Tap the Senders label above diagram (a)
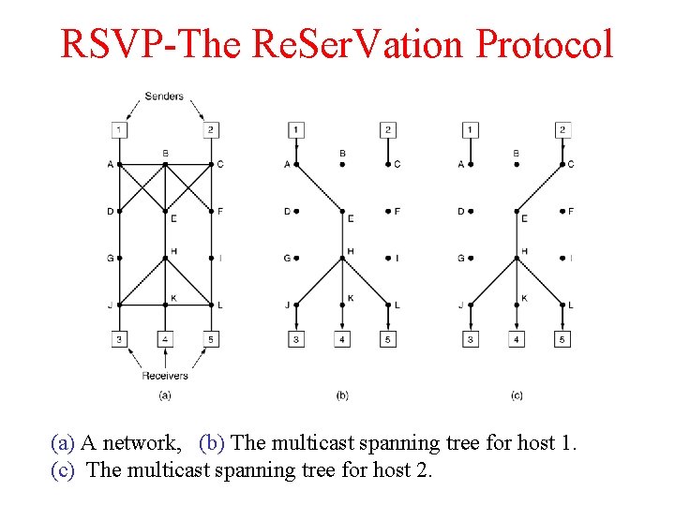(x=164, y=97)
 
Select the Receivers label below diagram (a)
(x=165, y=376)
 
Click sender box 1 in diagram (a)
(x=119, y=129)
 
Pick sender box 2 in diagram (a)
(x=211, y=129)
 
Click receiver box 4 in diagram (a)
(x=165, y=339)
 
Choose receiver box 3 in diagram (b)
(x=295, y=339)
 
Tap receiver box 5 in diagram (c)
(x=562, y=339)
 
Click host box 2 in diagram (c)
(x=562, y=129)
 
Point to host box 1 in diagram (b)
(x=295, y=129)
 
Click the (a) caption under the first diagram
(x=165, y=395)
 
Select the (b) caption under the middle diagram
(x=342, y=395)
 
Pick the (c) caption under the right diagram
(x=517, y=395)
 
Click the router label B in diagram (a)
(x=165, y=154)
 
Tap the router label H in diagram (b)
(x=350, y=251)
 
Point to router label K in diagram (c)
(x=524, y=298)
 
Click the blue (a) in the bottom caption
(x=63, y=442)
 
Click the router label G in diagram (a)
(x=110, y=258)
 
